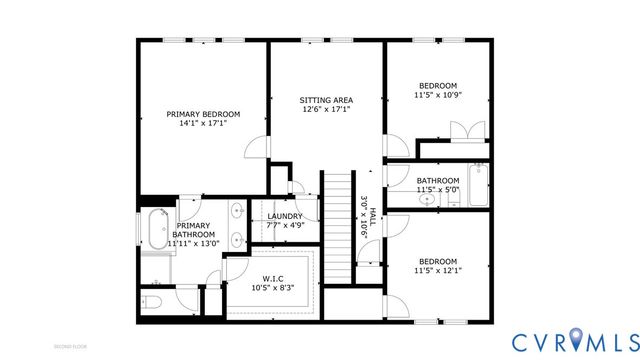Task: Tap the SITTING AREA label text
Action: (326, 100)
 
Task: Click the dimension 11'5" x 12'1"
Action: (437, 270)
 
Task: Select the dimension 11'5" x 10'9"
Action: (437, 96)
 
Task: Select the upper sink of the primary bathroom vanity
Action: (236, 211)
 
